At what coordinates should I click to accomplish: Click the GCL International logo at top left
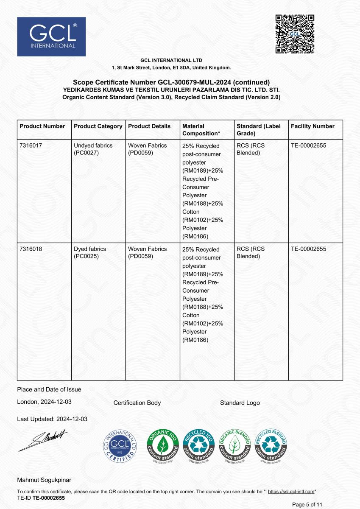coord(51,37)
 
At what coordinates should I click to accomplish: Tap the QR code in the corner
coord(295,34)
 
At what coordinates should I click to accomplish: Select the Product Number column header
coord(42,126)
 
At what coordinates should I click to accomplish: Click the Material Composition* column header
coord(201,129)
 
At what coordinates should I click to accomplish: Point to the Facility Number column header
coord(313,126)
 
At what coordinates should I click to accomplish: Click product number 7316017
coord(31,145)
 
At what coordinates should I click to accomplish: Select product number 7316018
coord(31,249)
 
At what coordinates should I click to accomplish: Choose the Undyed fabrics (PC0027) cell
coord(93,149)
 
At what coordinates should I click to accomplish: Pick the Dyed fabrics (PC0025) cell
coord(90,252)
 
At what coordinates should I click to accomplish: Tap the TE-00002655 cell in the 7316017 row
coord(309,145)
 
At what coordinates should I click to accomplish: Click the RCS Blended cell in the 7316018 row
coord(251,252)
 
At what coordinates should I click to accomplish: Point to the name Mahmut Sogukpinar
coord(44,480)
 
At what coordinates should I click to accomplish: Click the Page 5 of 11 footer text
coord(308,504)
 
